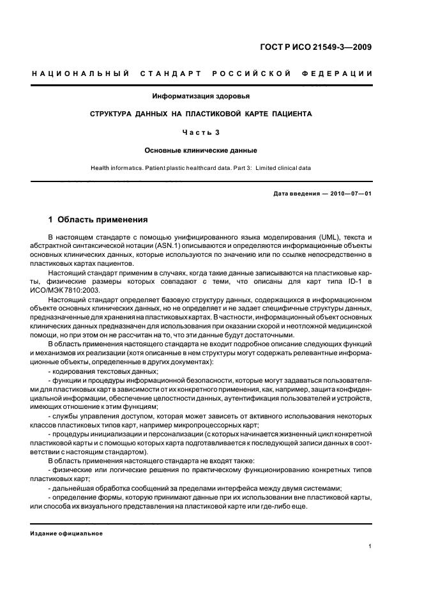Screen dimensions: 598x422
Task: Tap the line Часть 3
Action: pyautogui.click(x=201, y=132)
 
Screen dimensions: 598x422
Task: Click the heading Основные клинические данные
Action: pyautogui.click(x=201, y=151)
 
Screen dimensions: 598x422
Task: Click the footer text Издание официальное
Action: pyautogui.click(x=66, y=533)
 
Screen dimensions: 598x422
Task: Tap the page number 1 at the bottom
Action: pyautogui.click(x=371, y=546)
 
